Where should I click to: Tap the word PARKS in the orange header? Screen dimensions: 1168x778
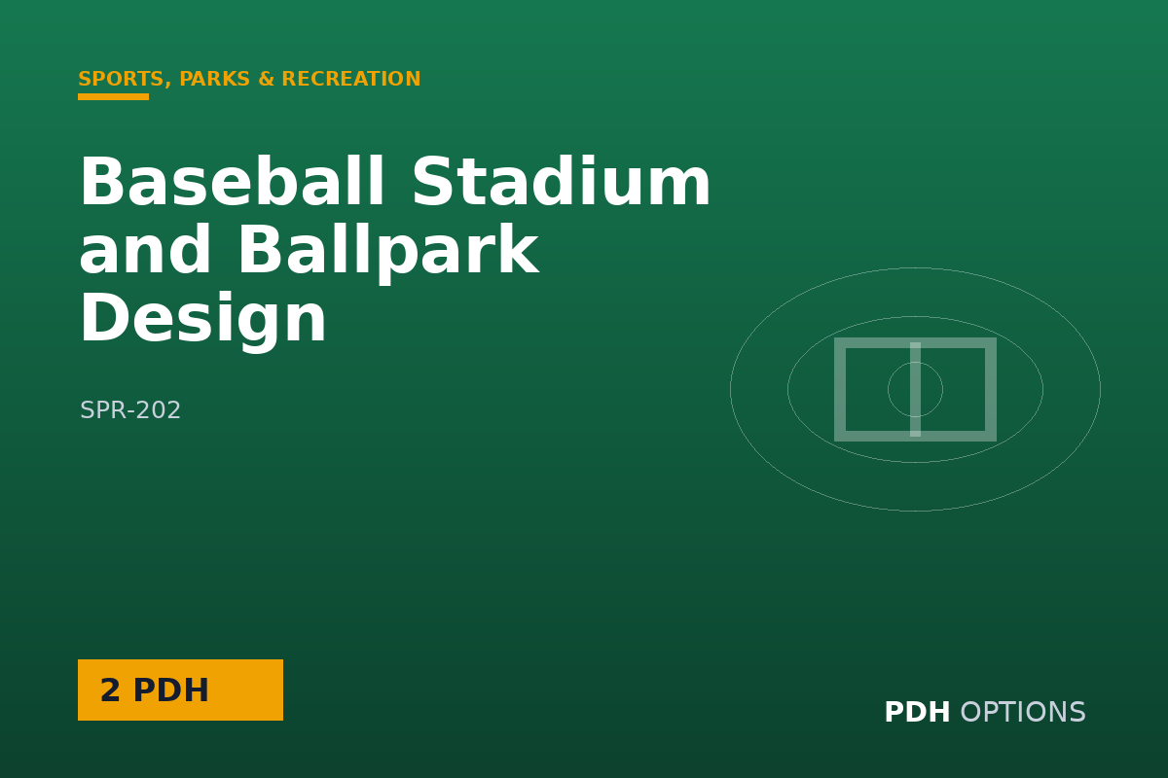pos(215,79)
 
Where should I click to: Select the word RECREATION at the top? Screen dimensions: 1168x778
pos(351,79)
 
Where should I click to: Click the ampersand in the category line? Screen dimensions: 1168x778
pos(266,79)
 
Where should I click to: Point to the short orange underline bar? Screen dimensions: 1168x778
pos(113,96)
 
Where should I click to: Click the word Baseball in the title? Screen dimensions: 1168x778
pos(232,181)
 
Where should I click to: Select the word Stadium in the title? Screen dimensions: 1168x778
pos(561,181)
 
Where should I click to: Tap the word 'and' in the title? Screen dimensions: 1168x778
pos(145,249)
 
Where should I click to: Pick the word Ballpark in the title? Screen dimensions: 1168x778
pos(388,253)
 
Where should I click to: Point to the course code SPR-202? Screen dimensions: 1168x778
pos(130,410)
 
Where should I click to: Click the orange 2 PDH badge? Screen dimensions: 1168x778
pos(180,690)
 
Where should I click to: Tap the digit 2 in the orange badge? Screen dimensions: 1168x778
pos(110,690)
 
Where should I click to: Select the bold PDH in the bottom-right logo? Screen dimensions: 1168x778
pos(917,712)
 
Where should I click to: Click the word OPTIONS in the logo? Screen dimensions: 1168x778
pos(1023,712)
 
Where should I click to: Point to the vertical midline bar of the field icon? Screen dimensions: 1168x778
pos(915,389)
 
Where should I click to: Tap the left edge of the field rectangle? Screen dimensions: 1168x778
pos(840,389)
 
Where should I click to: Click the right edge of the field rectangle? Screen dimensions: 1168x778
pos(991,389)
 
